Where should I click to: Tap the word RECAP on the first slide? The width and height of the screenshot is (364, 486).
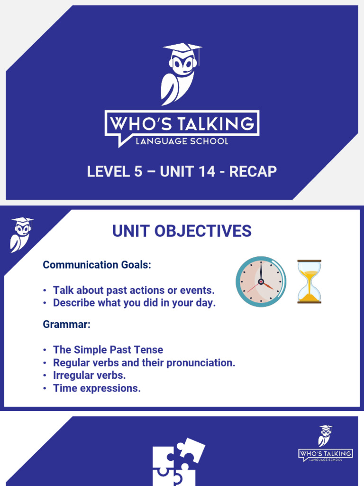point(253,171)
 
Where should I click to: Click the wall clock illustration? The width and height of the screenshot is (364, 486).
point(261,282)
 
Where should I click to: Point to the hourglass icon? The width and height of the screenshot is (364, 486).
point(309,281)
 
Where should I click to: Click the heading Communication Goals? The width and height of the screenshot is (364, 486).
point(97,265)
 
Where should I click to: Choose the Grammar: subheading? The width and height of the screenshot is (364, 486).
point(66,325)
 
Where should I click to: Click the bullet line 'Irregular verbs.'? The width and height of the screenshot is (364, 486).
point(89,375)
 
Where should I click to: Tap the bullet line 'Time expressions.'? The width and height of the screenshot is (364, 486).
point(97,388)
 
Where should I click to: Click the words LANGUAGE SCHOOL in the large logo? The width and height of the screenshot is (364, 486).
point(182,141)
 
